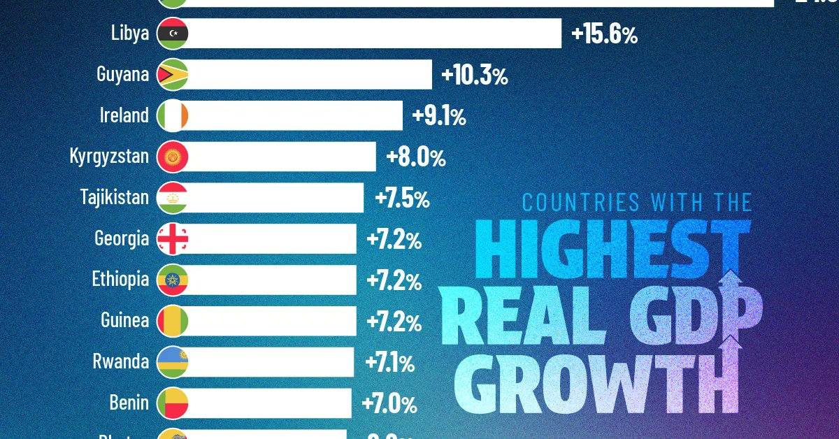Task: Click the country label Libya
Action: point(130,33)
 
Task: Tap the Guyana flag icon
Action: point(171,74)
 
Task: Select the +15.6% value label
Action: point(604,35)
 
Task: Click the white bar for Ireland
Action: point(294,115)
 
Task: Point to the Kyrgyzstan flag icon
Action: point(171,157)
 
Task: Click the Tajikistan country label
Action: point(114,197)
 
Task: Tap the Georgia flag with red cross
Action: point(171,239)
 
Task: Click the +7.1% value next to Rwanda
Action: point(389,364)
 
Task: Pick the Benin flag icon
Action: point(171,403)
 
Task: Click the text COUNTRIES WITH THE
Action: point(637,203)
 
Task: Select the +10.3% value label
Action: point(474,76)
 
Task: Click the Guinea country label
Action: point(124,321)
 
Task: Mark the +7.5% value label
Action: point(402,199)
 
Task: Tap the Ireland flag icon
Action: point(171,115)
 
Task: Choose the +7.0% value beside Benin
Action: point(389,404)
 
